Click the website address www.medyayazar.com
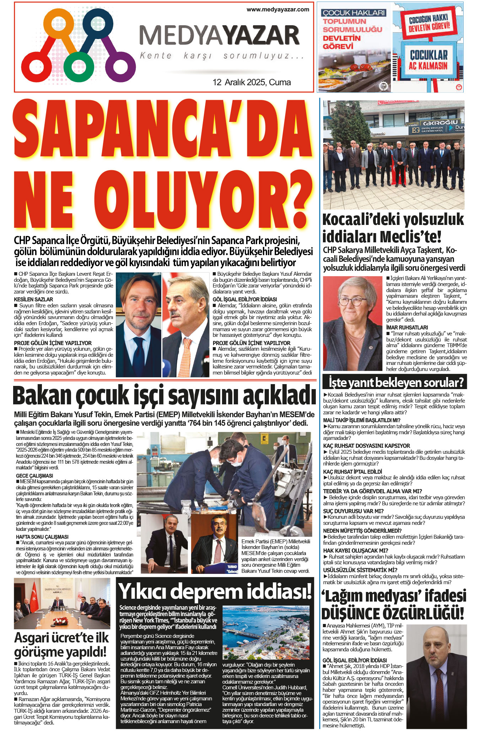point(278,10)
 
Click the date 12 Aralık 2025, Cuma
point(252,82)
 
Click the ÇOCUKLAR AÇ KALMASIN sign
point(428,60)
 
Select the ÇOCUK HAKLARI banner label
point(353,13)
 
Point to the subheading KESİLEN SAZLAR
point(33,300)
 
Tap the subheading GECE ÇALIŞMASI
point(34,475)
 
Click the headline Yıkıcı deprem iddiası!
point(215,592)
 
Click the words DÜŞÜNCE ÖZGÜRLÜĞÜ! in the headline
point(393,614)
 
